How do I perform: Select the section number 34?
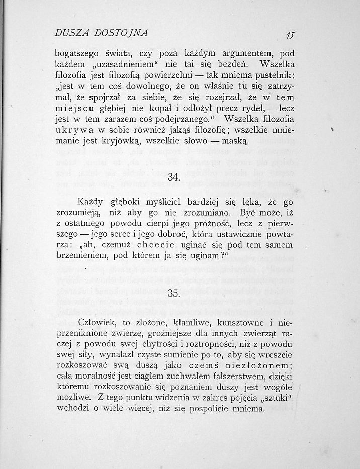173,177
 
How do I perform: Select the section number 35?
173,294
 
